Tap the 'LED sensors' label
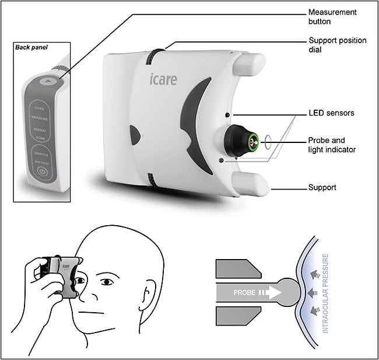330,113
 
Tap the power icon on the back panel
41,172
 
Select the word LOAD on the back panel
40,108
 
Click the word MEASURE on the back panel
40,117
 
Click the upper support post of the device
251,62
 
